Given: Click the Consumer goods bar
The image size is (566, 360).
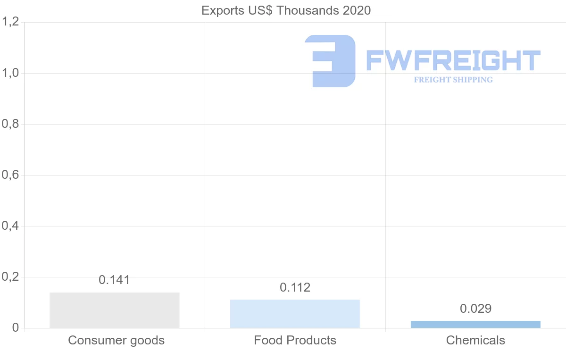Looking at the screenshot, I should pos(115,310).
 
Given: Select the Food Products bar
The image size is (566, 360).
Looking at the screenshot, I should pos(295,314).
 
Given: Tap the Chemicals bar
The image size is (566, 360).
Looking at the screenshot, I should pos(475,324).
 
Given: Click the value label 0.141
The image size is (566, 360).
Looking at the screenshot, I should pos(114,280).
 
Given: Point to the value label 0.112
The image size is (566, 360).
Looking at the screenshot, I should pos(295,287).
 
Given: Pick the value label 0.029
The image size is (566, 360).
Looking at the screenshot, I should pos(475,309).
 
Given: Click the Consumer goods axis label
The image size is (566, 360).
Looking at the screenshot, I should pos(116,340).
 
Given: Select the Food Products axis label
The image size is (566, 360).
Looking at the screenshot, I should pos(295,340).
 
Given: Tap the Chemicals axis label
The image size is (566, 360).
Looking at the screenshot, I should pos(475,340).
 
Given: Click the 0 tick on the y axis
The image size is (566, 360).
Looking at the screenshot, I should pos(15,328).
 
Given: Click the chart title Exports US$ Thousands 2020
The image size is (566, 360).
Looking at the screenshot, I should pos(286,10).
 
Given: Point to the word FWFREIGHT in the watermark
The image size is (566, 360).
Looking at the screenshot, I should pos(453,61).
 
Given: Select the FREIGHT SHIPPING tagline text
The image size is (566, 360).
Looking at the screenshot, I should pos(453,80).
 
